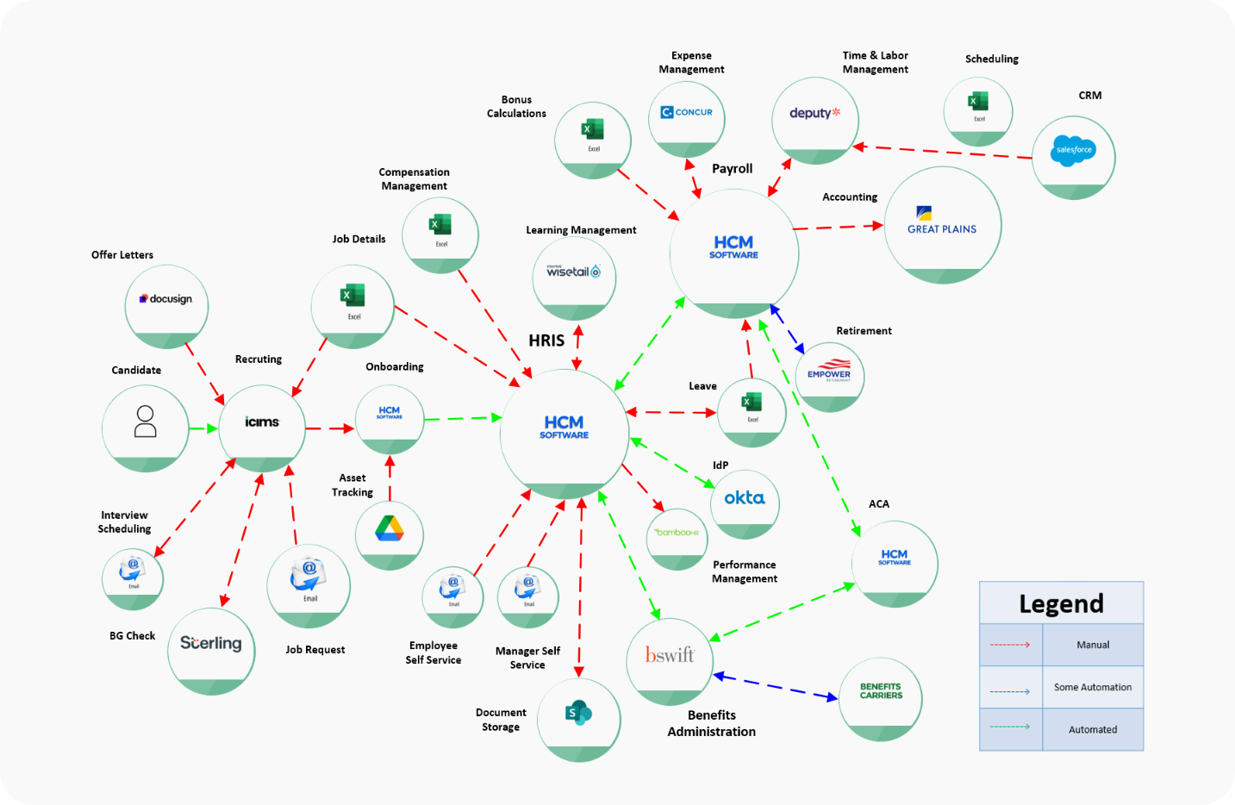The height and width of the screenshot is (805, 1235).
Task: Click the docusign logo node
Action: (x=166, y=299)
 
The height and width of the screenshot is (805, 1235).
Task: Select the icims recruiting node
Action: (x=262, y=422)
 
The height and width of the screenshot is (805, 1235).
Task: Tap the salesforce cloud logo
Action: (x=1073, y=150)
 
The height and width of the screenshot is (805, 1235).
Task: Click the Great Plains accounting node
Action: (x=942, y=222)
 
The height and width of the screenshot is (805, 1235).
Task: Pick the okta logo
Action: (x=745, y=498)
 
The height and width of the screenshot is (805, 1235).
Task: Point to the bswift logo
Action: (x=670, y=655)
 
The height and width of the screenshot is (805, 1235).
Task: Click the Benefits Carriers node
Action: (x=881, y=691)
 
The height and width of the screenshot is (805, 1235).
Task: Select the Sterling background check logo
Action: (x=211, y=643)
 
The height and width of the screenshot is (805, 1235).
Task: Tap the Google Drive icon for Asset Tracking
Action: (x=390, y=527)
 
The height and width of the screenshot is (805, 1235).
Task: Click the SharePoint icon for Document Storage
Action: (x=578, y=713)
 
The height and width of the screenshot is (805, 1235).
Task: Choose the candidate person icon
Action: (x=146, y=421)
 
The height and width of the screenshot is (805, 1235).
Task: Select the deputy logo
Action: (x=814, y=113)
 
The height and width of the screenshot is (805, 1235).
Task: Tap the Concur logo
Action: (x=687, y=112)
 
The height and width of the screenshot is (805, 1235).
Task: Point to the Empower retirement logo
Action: (x=829, y=371)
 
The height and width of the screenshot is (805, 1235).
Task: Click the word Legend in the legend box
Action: (x=1061, y=603)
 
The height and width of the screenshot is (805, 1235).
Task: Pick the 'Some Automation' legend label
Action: (x=1093, y=687)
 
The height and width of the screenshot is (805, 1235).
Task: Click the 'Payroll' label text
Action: (x=732, y=169)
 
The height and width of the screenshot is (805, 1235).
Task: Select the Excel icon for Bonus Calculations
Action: (x=593, y=131)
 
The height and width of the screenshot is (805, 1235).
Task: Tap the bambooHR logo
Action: (x=677, y=533)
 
